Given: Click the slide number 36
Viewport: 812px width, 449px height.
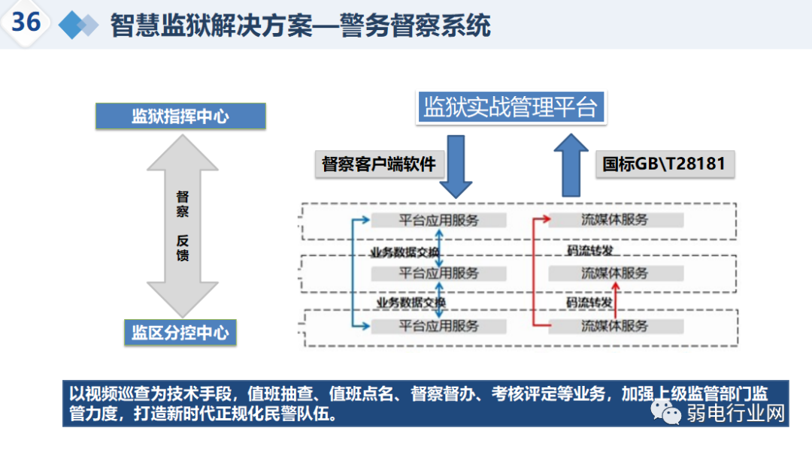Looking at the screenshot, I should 26,22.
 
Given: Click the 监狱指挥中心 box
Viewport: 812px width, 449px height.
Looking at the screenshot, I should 180,116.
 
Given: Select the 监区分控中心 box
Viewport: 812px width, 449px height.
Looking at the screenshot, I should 180,333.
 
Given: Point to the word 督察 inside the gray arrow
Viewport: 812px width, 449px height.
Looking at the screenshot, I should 182,203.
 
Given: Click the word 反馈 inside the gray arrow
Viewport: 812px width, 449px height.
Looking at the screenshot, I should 182,248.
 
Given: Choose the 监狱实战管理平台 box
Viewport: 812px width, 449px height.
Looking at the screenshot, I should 511,107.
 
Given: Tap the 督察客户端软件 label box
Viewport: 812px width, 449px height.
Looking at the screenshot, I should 378,164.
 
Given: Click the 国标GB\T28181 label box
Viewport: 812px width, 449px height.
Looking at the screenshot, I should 664,164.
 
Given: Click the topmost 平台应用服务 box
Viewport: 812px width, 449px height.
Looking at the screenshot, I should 438,220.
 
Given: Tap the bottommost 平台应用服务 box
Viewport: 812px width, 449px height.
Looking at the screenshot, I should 438,326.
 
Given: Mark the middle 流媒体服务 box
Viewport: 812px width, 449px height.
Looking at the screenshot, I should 615,273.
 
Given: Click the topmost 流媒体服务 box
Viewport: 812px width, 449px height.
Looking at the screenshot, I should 615,220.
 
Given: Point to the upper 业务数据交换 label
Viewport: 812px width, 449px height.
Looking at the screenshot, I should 403,252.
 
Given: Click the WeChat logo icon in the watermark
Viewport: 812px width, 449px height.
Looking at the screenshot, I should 665,412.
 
